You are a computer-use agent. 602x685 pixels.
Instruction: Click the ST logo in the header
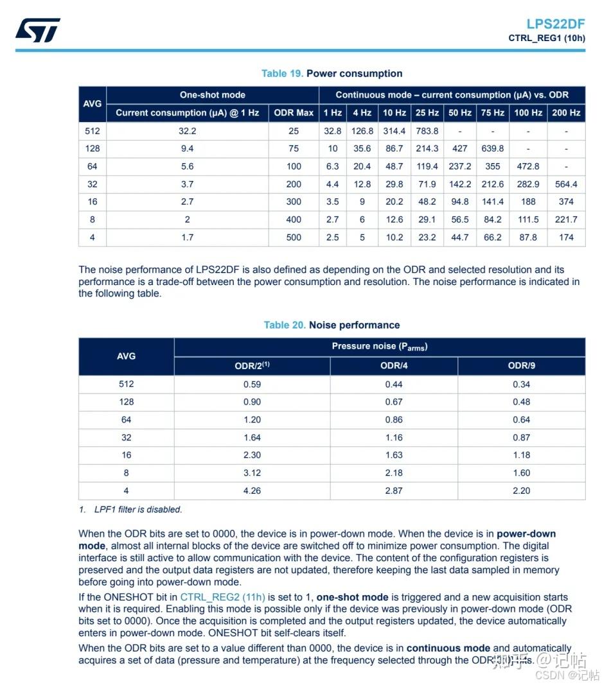coord(38,30)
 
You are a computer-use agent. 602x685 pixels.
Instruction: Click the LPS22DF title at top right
coord(555,24)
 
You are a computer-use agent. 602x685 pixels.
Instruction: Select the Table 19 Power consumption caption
coord(332,73)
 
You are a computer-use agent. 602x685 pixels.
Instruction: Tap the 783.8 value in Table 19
coord(427,130)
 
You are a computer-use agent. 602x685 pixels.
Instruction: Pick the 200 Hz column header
coord(566,112)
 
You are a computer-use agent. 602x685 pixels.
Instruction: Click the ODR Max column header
coord(294,112)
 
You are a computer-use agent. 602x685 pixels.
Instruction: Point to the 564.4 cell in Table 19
coord(566,184)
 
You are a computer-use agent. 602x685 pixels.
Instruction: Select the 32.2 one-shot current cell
coord(187,130)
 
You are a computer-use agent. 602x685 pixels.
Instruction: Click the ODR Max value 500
coord(294,237)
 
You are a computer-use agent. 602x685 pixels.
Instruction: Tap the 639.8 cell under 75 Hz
coord(493,148)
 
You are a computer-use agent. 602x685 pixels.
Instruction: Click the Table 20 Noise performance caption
coord(332,325)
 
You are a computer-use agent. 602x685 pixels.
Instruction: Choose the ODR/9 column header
coord(521,366)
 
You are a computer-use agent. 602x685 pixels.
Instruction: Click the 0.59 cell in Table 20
coord(252,384)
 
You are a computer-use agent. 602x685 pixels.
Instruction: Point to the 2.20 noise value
coord(521,490)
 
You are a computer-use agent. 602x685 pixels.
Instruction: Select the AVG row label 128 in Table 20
coord(126,402)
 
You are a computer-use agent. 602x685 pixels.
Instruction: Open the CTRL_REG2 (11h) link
coord(222,597)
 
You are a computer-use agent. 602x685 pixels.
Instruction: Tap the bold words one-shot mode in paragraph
coord(352,597)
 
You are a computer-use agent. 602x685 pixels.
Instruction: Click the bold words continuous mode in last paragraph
coord(448,648)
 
